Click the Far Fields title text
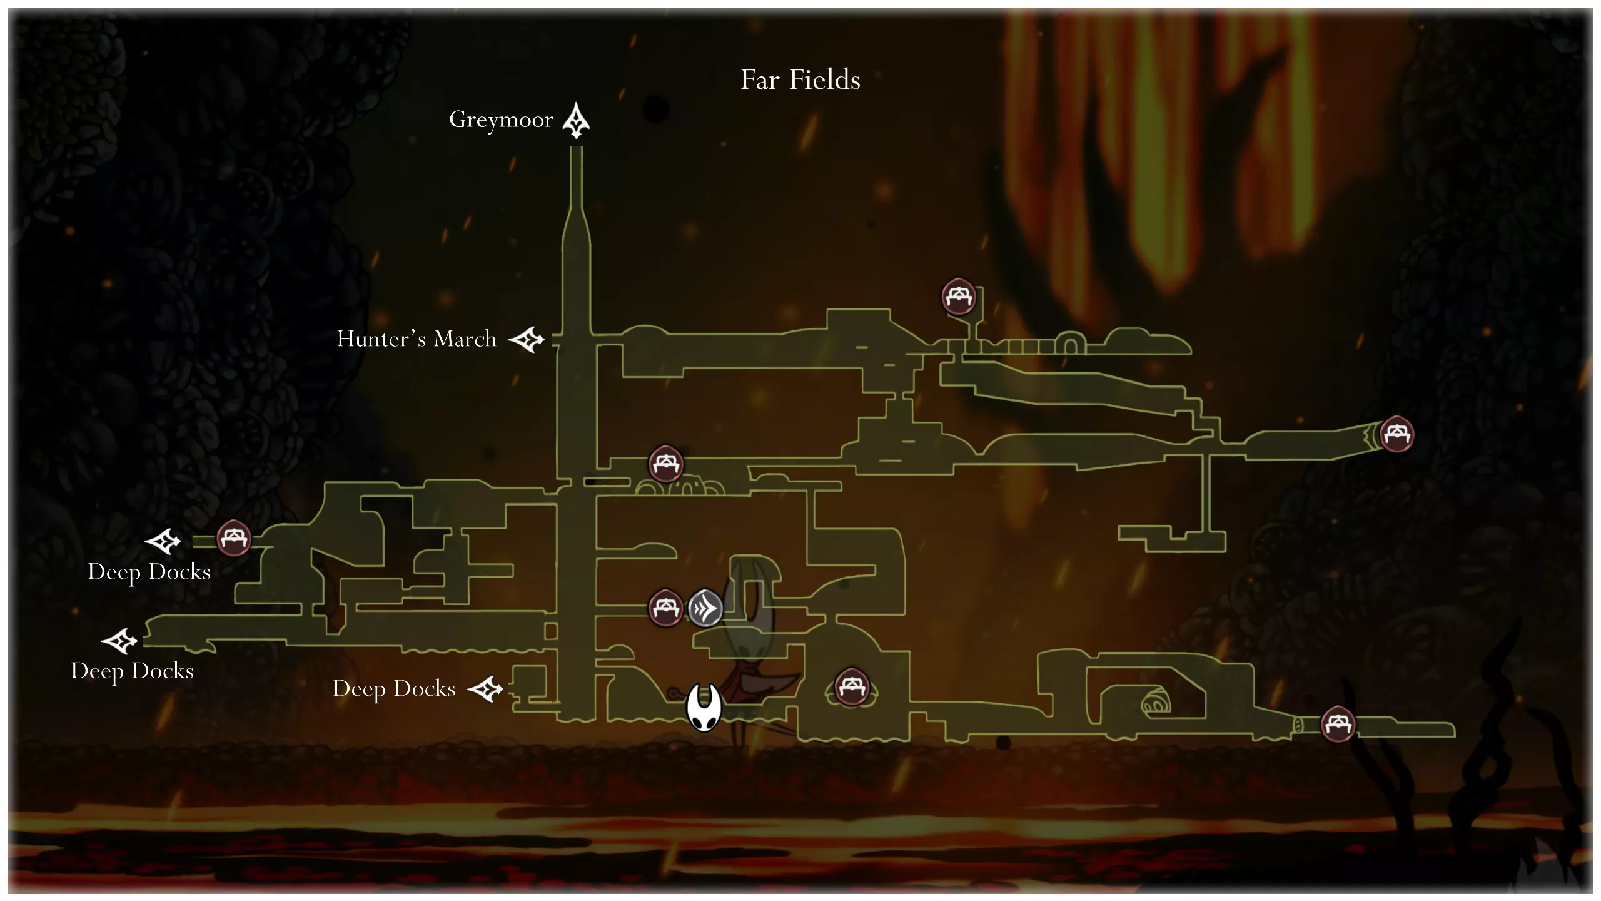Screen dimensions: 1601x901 [x=800, y=80]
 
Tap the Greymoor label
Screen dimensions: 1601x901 [x=501, y=120]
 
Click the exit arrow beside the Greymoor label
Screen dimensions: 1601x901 [x=576, y=121]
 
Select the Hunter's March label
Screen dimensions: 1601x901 [x=417, y=339]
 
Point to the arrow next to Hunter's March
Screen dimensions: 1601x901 [x=526, y=340]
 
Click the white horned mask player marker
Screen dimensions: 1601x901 [x=704, y=707]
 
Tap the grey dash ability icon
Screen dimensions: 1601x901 [x=705, y=608]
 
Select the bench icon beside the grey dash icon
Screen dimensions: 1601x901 [x=665, y=607]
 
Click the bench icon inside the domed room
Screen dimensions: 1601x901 [x=851, y=687]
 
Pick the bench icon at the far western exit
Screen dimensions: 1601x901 [x=234, y=538]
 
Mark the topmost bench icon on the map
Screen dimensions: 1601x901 [x=959, y=296]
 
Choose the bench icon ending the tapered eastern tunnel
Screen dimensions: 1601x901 [x=1396, y=433]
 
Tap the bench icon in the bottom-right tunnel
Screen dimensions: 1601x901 [x=1338, y=724]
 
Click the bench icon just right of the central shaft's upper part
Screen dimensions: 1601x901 [x=666, y=464]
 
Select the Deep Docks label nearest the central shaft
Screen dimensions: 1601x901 [x=394, y=689]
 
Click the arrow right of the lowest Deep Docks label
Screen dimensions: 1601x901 [x=485, y=690]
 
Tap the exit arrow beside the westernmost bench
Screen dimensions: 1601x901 [x=163, y=541]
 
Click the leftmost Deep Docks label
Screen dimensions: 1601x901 [x=132, y=671]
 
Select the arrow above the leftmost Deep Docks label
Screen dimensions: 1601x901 [x=119, y=641]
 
